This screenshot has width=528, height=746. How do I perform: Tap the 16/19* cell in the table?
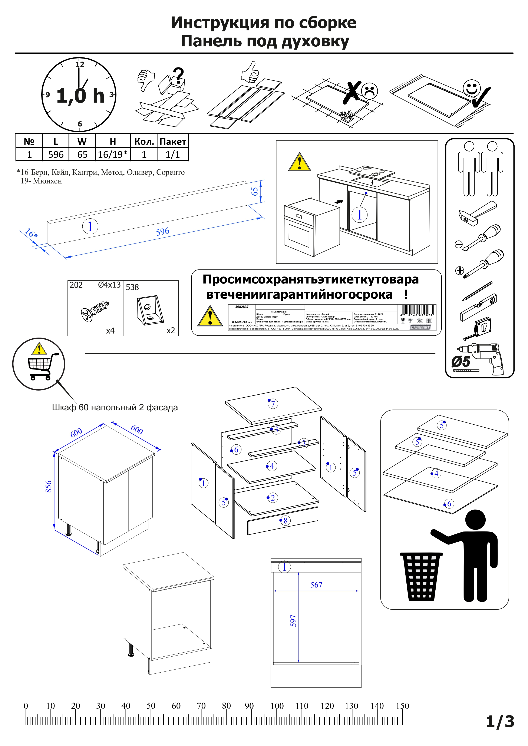point(112,154)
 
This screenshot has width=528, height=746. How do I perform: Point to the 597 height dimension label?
point(293,620)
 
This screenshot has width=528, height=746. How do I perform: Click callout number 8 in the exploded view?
point(285,520)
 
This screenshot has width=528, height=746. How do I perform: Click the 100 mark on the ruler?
point(277,706)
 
